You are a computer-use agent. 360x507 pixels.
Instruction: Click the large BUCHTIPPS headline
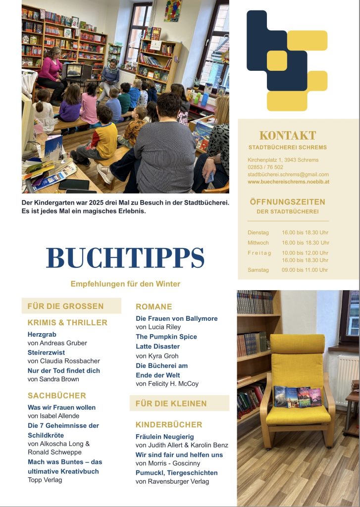(125, 258)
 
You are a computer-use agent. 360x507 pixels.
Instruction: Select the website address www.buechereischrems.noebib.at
(288, 182)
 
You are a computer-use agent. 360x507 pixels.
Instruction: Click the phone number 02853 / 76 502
(265, 167)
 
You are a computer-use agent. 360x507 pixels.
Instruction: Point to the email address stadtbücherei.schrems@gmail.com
(288, 175)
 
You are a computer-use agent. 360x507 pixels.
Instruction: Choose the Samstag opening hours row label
(258, 270)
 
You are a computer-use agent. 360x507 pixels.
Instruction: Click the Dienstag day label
(258, 232)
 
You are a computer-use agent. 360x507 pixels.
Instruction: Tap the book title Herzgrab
(42, 335)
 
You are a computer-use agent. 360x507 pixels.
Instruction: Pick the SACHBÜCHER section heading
(57, 396)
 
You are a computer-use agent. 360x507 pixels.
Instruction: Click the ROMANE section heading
(154, 307)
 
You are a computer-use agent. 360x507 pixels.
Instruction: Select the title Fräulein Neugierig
(165, 437)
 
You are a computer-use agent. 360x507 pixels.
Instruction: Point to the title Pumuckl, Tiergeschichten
(177, 473)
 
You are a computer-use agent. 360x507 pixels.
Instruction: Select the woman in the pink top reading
(51, 69)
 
